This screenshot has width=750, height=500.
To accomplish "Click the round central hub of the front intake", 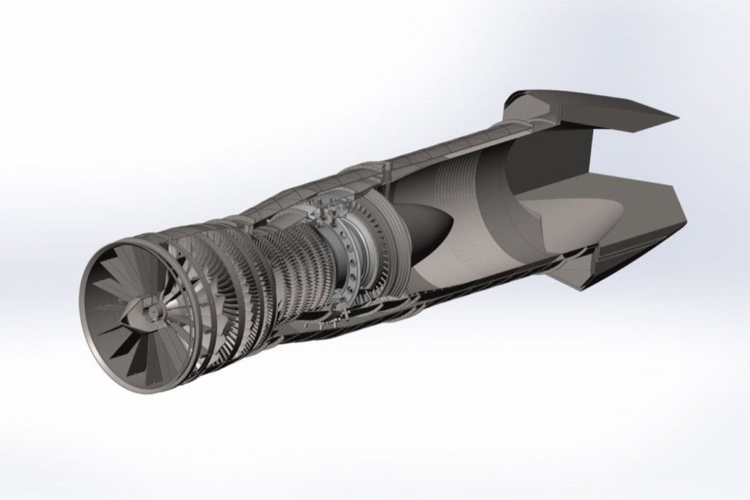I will pyautogui.click(x=153, y=312).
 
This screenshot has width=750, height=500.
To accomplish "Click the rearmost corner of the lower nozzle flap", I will pyautogui.click(x=686, y=222).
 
